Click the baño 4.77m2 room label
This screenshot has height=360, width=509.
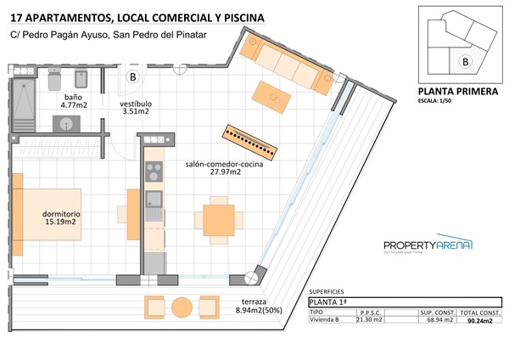click(x=76, y=103)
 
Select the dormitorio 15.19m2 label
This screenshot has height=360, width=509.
click(x=62, y=218)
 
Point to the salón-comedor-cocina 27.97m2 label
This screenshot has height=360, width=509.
click(x=224, y=168)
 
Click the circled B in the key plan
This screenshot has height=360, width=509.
click(x=465, y=61)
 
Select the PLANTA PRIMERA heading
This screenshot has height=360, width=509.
click(x=458, y=93)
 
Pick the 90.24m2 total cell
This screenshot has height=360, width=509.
click(x=479, y=320)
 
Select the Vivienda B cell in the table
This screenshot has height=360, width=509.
click(x=327, y=320)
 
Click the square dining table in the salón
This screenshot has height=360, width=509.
click(x=218, y=220)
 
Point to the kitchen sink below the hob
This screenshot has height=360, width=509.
click(x=154, y=200)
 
